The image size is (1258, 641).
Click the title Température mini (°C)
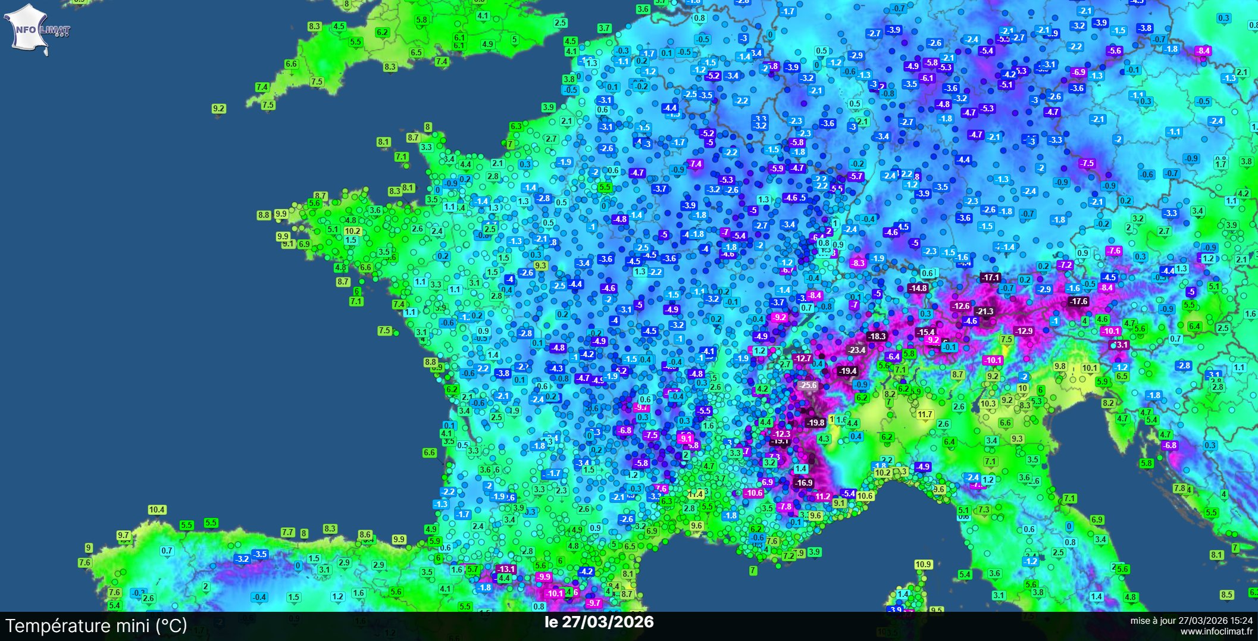pos(96,626)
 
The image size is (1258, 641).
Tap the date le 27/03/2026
pos(599,622)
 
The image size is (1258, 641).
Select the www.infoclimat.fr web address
pos(1216,631)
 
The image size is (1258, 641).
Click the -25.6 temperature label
pos(808,385)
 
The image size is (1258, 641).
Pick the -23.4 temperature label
pos(856,350)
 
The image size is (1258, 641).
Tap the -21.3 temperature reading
pos(984,311)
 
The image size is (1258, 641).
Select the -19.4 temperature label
pos(847,371)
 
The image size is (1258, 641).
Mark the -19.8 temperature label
pos(815,423)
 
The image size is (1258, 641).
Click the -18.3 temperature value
pos(877,336)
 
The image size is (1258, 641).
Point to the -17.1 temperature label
pos(990,277)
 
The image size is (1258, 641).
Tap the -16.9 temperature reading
pos(803,483)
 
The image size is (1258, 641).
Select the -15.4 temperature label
pos(925,332)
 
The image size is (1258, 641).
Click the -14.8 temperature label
pos(918,288)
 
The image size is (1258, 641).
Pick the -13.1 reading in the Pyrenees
pos(505,569)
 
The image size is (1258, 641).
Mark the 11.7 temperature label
pos(925,414)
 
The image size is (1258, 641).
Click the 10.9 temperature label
pos(923,564)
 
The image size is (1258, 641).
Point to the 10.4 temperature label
pos(157,509)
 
